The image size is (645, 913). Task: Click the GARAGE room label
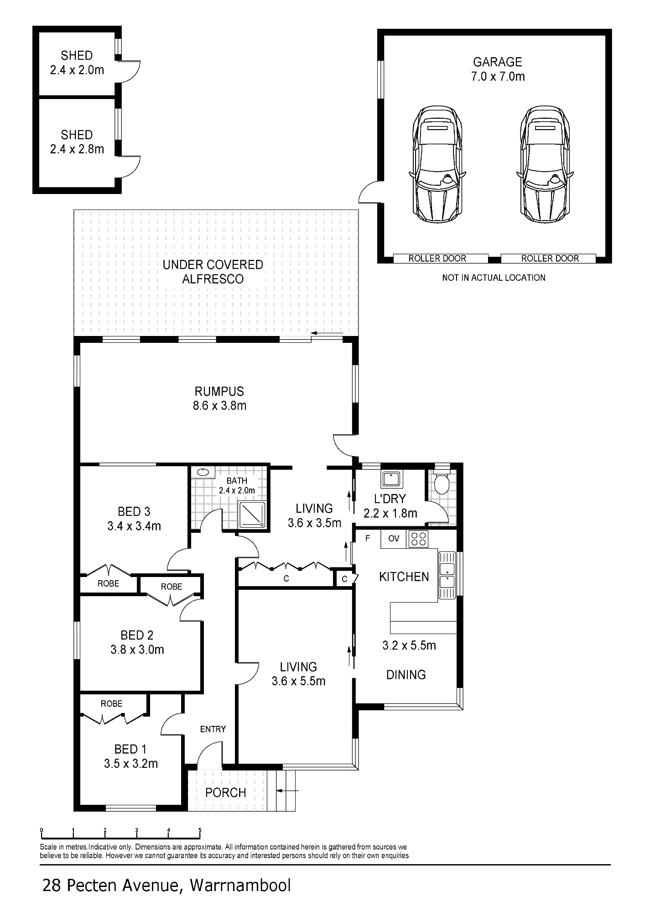(x=497, y=62)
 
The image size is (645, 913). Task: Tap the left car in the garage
(x=437, y=165)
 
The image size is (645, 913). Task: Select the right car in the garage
(x=545, y=165)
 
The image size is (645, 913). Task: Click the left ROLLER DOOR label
(x=437, y=258)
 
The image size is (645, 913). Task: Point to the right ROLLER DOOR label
(x=550, y=258)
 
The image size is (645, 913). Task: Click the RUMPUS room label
(x=219, y=391)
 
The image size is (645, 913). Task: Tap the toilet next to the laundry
(x=442, y=483)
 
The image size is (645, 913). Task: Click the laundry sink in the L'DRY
(x=391, y=480)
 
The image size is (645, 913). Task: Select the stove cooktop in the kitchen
(x=418, y=539)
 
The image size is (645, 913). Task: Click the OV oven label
(x=394, y=539)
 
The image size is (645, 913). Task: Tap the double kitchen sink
(x=447, y=575)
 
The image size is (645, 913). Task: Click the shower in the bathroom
(x=251, y=515)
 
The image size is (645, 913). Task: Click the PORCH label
(x=225, y=792)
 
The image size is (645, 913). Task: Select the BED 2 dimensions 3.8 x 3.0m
(x=137, y=650)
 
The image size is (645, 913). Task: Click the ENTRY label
(x=213, y=729)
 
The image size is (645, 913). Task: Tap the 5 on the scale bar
(x=200, y=830)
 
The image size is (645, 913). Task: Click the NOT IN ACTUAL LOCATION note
(x=494, y=278)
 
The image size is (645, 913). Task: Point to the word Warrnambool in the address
(x=240, y=886)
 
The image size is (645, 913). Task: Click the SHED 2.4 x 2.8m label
(x=77, y=142)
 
